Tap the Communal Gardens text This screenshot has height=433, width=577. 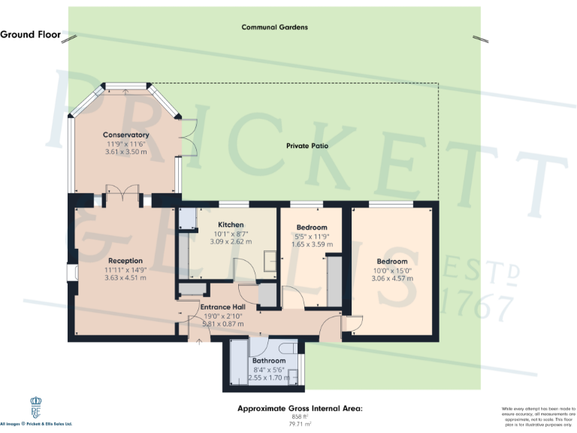click(274, 27)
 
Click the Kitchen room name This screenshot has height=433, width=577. click(231, 225)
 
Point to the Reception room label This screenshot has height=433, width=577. click(125, 260)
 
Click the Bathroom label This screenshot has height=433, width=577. click(268, 361)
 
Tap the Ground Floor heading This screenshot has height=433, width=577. click(30, 35)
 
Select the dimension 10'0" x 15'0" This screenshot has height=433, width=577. click(391, 270)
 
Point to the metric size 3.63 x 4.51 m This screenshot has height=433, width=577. click(125, 277)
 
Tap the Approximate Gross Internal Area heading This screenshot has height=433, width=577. click(300, 408)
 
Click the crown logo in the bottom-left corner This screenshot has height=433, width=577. click(35, 409)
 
